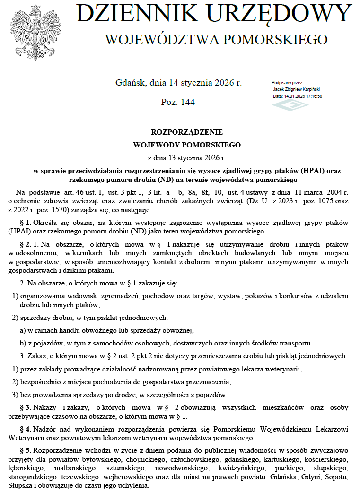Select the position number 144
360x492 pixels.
187,102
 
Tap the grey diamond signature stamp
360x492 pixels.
290,104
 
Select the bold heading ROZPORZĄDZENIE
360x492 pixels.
180,132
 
